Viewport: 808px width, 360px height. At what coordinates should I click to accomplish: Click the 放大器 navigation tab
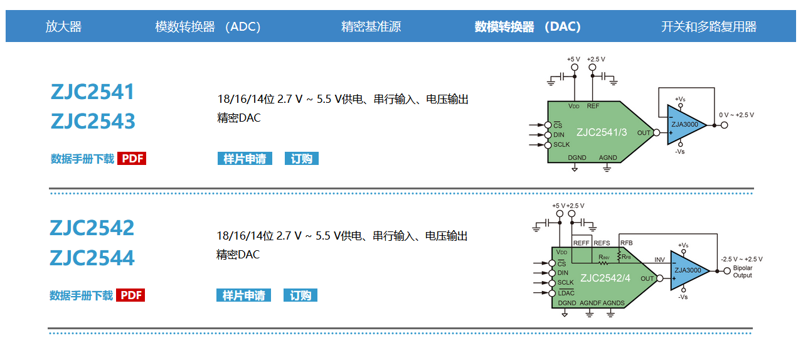[x=63, y=26]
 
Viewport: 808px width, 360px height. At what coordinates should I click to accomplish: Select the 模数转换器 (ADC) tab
[x=208, y=26]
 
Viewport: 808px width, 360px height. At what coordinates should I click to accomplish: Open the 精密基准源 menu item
[x=371, y=26]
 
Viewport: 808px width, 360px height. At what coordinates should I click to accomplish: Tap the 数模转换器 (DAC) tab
[x=528, y=26]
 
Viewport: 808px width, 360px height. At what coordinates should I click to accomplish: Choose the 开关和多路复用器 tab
[x=709, y=26]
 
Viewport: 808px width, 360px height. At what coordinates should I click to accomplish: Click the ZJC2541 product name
[x=93, y=92]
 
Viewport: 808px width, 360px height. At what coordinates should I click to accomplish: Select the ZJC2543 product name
[x=93, y=121]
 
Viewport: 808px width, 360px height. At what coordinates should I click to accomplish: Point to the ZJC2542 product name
[x=92, y=228]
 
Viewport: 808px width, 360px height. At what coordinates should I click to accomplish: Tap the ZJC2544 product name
[x=92, y=258]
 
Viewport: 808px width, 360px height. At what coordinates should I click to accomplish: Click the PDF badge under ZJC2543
[x=132, y=159]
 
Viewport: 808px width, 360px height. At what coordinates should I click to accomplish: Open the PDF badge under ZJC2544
[x=130, y=295]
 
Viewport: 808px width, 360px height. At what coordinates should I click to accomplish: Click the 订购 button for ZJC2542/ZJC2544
[x=300, y=295]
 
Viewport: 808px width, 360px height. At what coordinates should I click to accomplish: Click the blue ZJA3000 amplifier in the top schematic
[x=686, y=124]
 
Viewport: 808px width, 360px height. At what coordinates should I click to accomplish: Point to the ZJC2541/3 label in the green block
[x=602, y=132]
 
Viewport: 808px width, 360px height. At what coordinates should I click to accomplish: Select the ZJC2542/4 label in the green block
[x=605, y=278]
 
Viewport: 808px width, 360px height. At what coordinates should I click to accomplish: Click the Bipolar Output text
[x=742, y=272]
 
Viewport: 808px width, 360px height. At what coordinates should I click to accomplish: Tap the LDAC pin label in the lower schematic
[x=565, y=292]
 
